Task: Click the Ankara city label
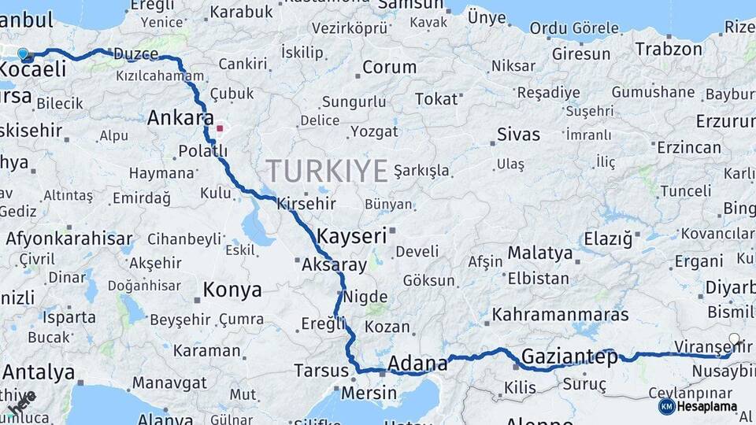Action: point(180,118)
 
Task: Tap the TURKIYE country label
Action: point(327,171)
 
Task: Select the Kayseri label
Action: point(352,235)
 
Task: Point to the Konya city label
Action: point(232,290)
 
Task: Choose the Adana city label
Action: point(417,364)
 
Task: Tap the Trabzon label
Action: point(669,49)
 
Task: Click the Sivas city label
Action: point(518,134)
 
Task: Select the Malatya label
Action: point(539,253)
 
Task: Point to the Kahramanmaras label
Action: point(561,315)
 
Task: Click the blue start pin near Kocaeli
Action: point(23,54)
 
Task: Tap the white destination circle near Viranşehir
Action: point(734,339)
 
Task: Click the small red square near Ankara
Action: point(220,128)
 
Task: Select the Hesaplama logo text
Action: point(708,406)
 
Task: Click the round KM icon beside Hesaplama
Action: point(667,406)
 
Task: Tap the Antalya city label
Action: point(39,371)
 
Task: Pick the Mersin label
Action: point(369,392)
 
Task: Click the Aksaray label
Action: point(334,265)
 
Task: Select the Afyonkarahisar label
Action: point(69,238)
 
